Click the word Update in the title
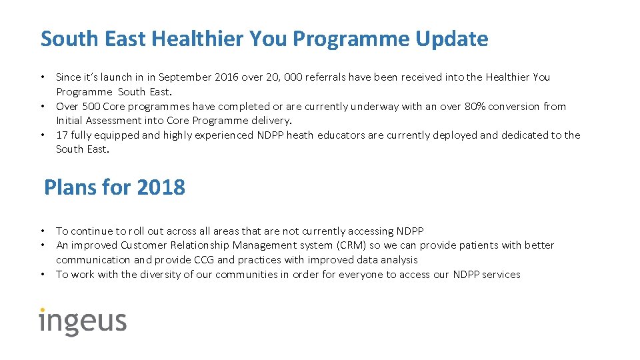451,39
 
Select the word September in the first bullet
186,77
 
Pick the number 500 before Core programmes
91,106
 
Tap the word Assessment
116,121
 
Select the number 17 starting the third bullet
61,135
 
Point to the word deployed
455,135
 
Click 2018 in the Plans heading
160,188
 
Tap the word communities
249,275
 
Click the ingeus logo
83,321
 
